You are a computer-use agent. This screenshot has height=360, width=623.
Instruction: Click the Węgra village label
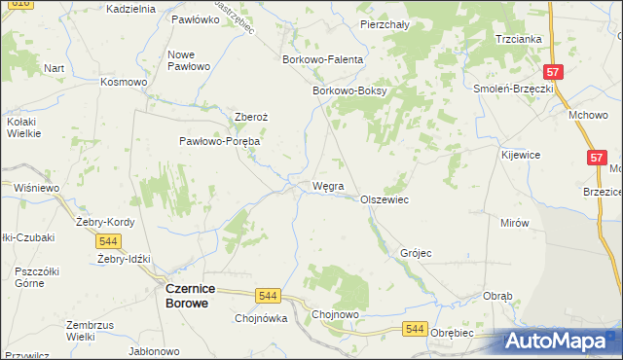327,186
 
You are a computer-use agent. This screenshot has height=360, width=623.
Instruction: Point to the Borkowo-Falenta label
322,59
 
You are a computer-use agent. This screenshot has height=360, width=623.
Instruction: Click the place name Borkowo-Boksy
349,91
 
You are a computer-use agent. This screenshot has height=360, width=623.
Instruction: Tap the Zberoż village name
250,117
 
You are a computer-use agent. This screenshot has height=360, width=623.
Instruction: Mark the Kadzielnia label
129,9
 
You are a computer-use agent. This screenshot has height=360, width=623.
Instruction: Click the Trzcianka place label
518,39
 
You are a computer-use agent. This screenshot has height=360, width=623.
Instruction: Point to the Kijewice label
521,155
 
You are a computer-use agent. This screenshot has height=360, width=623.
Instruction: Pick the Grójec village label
416,253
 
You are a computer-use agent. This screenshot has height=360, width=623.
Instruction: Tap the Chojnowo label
336,314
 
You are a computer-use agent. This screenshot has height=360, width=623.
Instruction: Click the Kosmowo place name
124,82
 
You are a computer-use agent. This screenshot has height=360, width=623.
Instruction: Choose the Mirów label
514,223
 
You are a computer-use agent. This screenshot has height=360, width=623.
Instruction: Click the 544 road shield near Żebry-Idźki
109,241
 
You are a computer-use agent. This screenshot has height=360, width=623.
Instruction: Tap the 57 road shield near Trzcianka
552,72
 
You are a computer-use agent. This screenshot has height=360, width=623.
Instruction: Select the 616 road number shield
9,4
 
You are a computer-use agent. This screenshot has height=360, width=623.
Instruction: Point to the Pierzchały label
384,24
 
